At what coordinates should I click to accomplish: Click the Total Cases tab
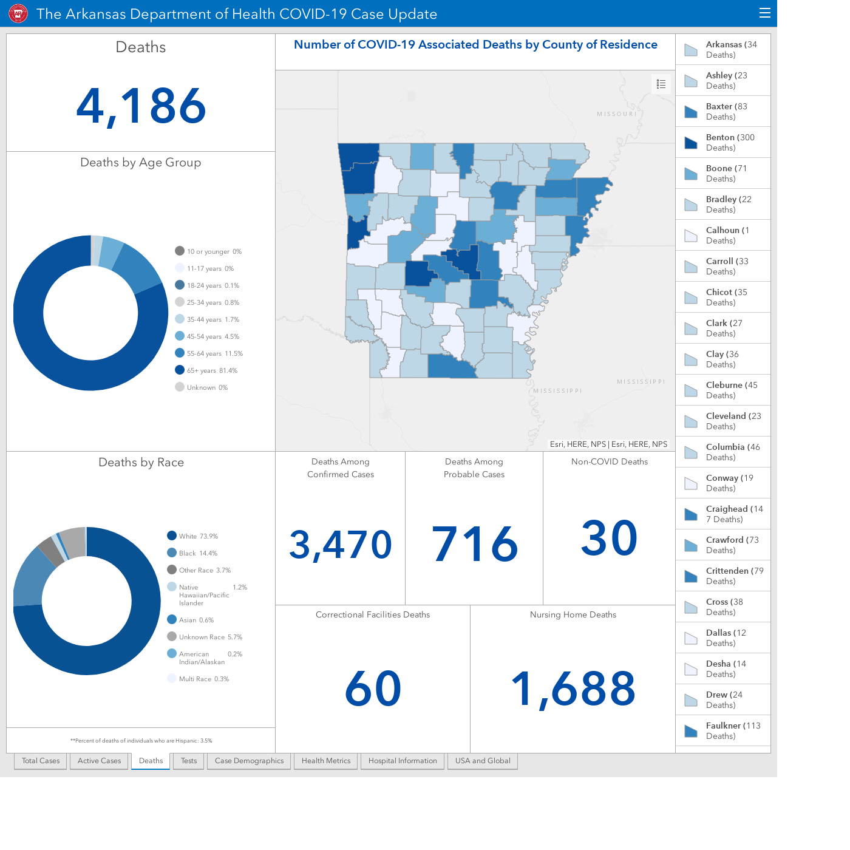pyautogui.click(x=41, y=761)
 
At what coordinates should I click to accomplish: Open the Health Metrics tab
pyautogui.click(x=325, y=761)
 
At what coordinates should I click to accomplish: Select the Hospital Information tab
pyautogui.click(x=403, y=761)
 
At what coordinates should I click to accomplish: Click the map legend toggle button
pyautogui.click(x=661, y=84)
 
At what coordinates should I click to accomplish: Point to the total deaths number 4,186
pyautogui.click(x=141, y=106)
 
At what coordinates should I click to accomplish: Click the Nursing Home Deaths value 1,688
pyautogui.click(x=573, y=688)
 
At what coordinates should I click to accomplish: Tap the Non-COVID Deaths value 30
pyautogui.click(x=609, y=538)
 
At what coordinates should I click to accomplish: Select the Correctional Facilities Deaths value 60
pyautogui.click(x=373, y=688)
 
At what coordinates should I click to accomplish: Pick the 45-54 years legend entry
pyautogui.click(x=207, y=336)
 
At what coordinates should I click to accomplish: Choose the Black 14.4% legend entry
pyautogui.click(x=192, y=552)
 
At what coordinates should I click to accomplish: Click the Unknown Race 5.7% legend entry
pyautogui.click(x=205, y=636)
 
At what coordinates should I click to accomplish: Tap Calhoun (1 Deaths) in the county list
pyautogui.click(x=722, y=235)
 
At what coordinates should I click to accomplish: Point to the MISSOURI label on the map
pyautogui.click(x=617, y=114)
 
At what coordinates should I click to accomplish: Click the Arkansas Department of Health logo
pyautogui.click(x=18, y=13)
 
